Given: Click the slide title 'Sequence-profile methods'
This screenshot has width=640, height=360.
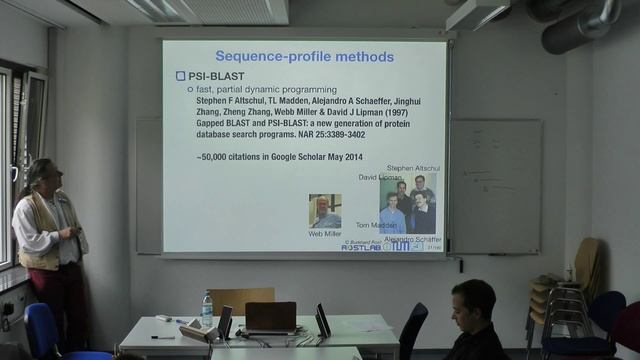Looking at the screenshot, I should click(x=305, y=56).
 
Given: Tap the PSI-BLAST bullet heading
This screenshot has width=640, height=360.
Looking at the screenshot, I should click(x=217, y=76).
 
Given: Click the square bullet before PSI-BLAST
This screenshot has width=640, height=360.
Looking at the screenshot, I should click(x=180, y=76).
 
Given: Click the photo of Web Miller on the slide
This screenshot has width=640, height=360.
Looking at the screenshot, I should click(x=324, y=211).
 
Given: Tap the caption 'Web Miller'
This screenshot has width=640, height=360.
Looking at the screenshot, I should click(x=325, y=234).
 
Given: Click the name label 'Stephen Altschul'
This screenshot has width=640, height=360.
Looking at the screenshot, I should click(x=413, y=168).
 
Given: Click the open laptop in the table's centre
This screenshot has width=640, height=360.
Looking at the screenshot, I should click(x=270, y=317).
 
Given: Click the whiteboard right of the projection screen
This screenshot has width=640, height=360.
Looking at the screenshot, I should click(x=494, y=185).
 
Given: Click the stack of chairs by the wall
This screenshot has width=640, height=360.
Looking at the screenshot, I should click(x=560, y=300).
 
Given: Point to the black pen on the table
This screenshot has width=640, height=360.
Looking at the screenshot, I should click(x=162, y=337).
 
